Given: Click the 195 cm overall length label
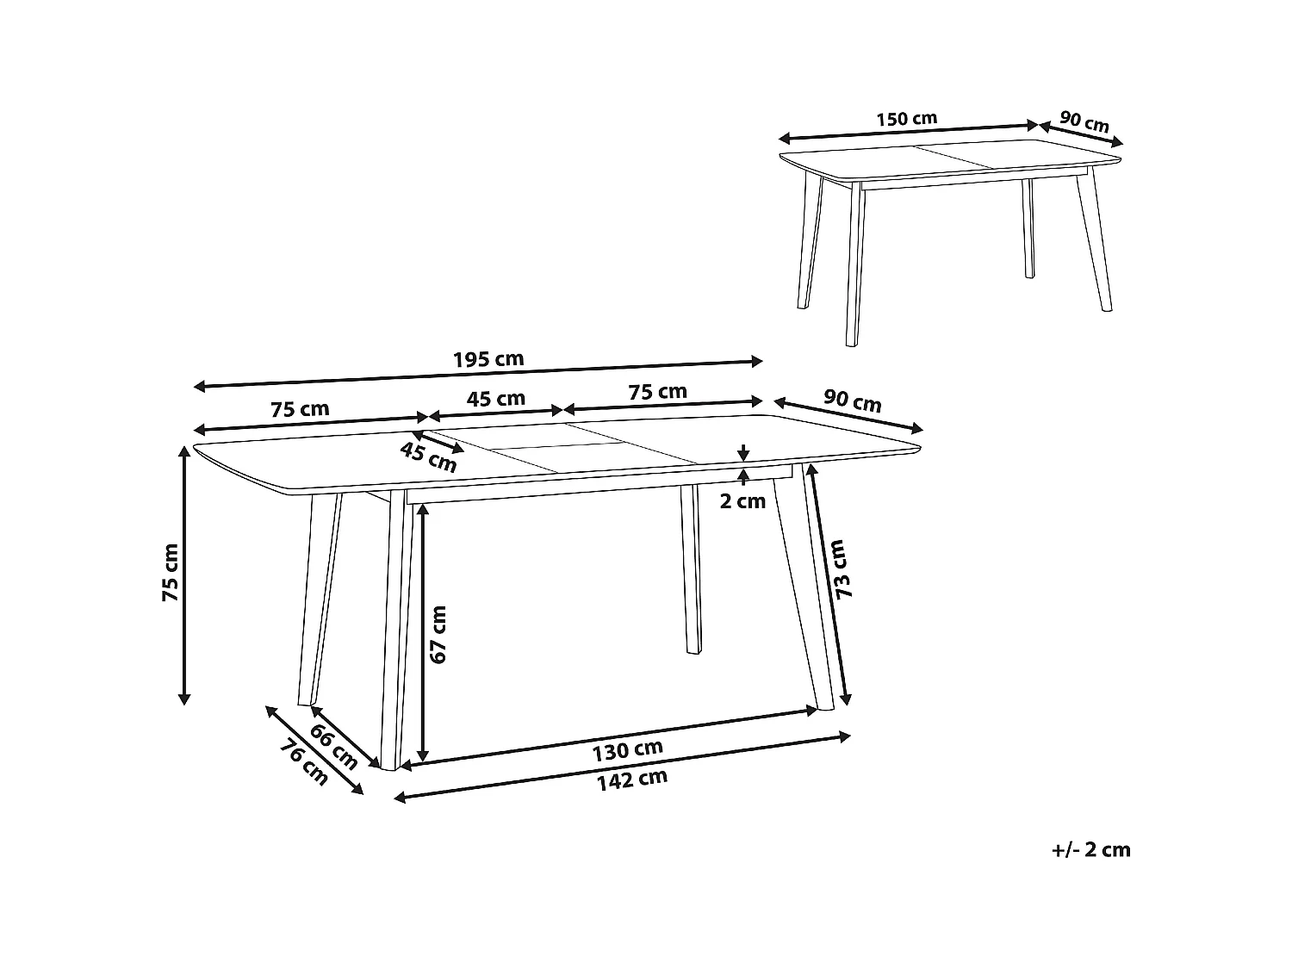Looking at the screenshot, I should pyautogui.click(x=488, y=358).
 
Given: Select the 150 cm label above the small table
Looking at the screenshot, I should pyautogui.click(x=906, y=118).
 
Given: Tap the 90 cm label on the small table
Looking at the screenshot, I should pyautogui.click(x=1084, y=121).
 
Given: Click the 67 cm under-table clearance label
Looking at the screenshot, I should pyautogui.click(x=438, y=634).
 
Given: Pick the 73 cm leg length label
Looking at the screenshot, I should pyautogui.click(x=842, y=569).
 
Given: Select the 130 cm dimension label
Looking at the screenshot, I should pyautogui.click(x=627, y=750).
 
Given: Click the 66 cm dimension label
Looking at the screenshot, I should pyautogui.click(x=333, y=748).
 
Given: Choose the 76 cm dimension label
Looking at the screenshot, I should pyautogui.click(x=303, y=763).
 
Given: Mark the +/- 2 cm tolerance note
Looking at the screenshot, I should pyautogui.click(x=1090, y=850).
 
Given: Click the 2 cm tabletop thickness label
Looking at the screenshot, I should pyautogui.click(x=742, y=501).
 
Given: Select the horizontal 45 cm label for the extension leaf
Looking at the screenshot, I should pyautogui.click(x=495, y=398).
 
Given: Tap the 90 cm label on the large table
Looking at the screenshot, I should pyautogui.click(x=852, y=401).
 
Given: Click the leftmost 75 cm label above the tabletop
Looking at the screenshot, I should pyautogui.click(x=300, y=409).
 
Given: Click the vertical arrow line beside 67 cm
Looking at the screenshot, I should pyautogui.click(x=422, y=633).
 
